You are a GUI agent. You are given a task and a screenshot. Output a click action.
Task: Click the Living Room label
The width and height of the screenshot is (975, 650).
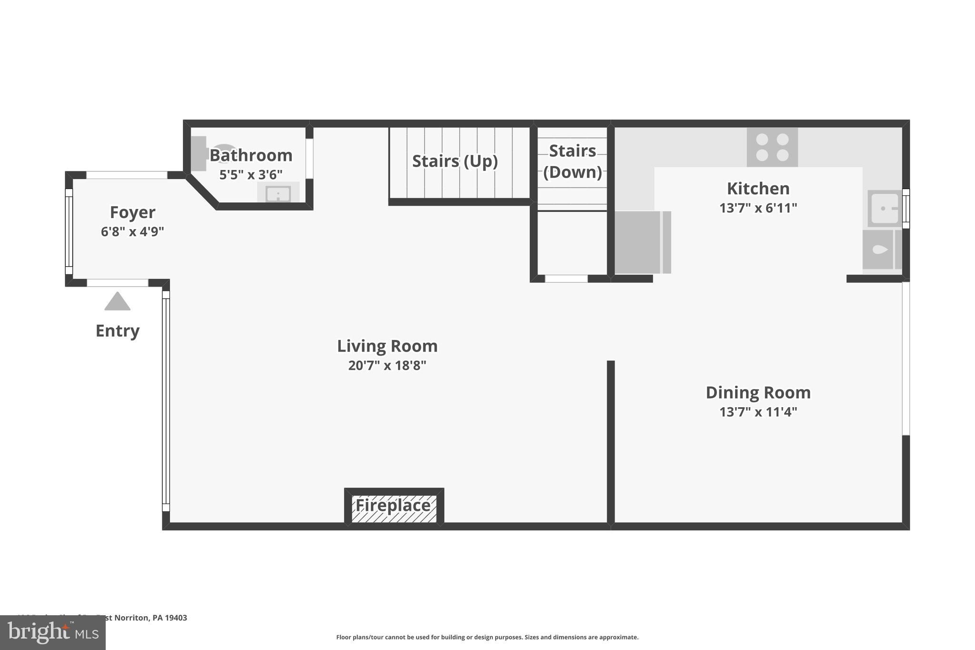tap(387, 346)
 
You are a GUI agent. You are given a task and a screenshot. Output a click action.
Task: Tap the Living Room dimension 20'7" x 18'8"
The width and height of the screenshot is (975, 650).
tap(387, 366)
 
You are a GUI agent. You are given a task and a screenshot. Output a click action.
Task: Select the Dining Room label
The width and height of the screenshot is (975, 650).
tap(758, 393)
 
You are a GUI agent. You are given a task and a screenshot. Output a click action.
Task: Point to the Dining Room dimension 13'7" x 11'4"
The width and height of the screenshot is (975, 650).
tap(758, 412)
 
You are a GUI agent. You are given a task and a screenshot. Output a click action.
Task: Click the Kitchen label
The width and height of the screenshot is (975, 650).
tap(758, 189)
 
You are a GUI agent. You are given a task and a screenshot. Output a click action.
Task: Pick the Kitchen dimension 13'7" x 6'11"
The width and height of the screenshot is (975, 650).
tap(758, 208)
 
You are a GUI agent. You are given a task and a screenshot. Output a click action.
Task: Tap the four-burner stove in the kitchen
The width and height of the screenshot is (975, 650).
tap(772, 147)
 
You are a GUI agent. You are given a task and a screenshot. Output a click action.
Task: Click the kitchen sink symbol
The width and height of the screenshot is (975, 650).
tap(884, 209)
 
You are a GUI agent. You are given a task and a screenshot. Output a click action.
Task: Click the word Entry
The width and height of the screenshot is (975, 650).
tap(117, 331)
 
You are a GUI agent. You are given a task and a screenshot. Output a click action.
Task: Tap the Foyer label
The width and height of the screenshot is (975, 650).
tap(132, 212)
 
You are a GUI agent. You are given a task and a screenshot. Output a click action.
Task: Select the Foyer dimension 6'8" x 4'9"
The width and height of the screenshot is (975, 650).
tap(132, 232)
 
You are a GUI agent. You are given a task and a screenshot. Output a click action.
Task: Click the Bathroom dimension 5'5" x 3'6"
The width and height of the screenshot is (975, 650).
tap(251, 175)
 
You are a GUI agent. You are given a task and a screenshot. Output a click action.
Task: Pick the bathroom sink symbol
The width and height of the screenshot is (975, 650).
tap(278, 194)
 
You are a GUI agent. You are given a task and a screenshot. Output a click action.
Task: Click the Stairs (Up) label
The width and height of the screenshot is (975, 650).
tap(455, 161)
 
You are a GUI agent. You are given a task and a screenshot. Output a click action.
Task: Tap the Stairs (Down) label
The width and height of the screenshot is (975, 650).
tap(572, 161)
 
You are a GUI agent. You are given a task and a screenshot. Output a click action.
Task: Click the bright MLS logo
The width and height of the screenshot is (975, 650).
tap(52, 633)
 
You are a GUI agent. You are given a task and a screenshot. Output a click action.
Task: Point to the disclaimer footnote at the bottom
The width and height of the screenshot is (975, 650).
tap(487, 637)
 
